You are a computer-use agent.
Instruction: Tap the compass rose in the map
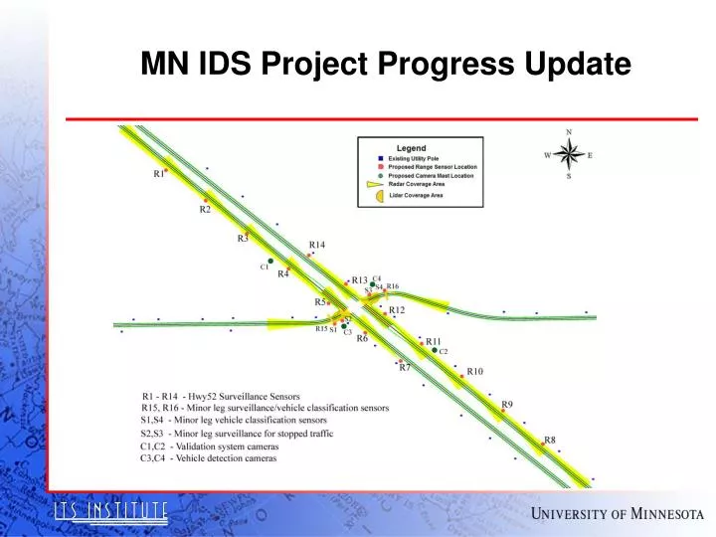tap(569, 154)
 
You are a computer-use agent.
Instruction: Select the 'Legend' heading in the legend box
tap(412, 148)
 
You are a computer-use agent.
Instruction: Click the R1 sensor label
tap(158, 174)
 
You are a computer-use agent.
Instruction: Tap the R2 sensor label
tap(205, 210)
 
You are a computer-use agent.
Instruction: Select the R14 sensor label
tap(316, 245)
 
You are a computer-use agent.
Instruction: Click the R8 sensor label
tap(549, 440)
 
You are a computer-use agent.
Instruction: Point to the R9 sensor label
tap(507, 405)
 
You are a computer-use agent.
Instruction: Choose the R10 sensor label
tap(474, 371)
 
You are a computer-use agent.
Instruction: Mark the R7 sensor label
tap(405, 368)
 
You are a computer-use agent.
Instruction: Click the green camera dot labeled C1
tap(270, 262)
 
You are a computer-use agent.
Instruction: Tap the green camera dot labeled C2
tap(434, 350)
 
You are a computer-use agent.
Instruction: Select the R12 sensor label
tap(397, 310)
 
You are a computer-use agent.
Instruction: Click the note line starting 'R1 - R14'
tap(221, 397)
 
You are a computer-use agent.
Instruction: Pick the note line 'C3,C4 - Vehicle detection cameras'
tap(209, 458)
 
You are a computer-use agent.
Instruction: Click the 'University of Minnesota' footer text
tap(617, 513)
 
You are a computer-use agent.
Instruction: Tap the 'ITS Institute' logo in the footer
tap(109, 512)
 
